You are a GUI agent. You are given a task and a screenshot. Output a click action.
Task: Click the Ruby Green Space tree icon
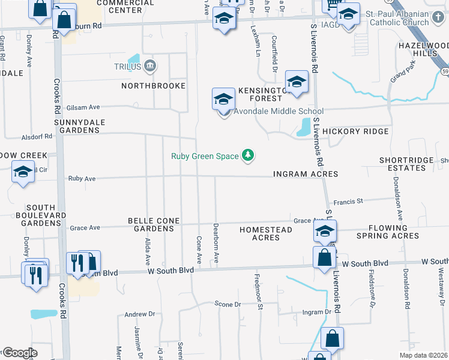click(247, 156)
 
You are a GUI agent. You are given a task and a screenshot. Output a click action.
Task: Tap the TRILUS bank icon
click(150, 66)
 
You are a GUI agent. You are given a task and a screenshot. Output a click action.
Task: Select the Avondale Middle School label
click(279, 111)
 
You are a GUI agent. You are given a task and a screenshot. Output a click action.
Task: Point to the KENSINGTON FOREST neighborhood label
click(265, 94)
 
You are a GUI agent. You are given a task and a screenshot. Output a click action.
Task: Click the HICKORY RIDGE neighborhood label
click(355, 131)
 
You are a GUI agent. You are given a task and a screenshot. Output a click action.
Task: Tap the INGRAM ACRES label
click(306, 174)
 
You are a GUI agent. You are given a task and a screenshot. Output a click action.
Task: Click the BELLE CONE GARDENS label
click(154, 225)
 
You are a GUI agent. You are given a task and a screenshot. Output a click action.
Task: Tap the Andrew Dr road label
click(139, 314)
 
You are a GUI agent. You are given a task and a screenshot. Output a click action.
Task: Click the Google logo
click(19, 353)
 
